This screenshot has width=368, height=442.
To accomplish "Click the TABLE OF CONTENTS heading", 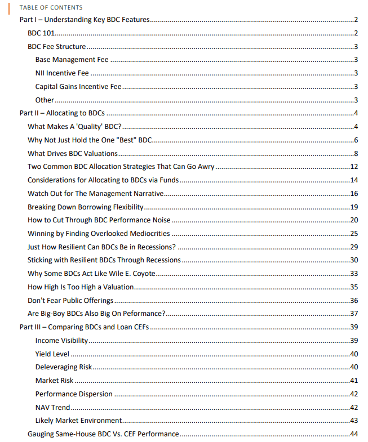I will coord(51,7).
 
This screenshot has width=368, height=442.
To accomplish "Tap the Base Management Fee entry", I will coord(72,60).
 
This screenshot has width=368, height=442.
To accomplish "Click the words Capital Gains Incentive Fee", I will coord(78,87).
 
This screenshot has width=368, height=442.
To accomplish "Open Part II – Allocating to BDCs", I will coord(64,113).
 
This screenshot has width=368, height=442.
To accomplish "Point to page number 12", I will coord(354,167).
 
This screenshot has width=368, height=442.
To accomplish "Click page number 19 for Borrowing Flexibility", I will coord(354,207).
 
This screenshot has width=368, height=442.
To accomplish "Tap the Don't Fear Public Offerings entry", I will coord(70,300).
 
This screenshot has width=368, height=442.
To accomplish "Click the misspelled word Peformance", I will coord(145,314).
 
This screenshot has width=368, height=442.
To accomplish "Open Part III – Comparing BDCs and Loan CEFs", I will coord(84,327).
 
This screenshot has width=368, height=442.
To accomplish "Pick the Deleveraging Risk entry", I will coord(63,367).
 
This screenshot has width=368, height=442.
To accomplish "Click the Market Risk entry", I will coord(54,381).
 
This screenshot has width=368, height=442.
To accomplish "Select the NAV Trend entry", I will coord(52,407).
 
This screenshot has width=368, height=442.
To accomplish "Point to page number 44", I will coord(354,434).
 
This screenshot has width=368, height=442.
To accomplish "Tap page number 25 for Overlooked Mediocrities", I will coord(354,233).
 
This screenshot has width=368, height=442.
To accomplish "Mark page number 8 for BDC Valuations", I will coord(356,153).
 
